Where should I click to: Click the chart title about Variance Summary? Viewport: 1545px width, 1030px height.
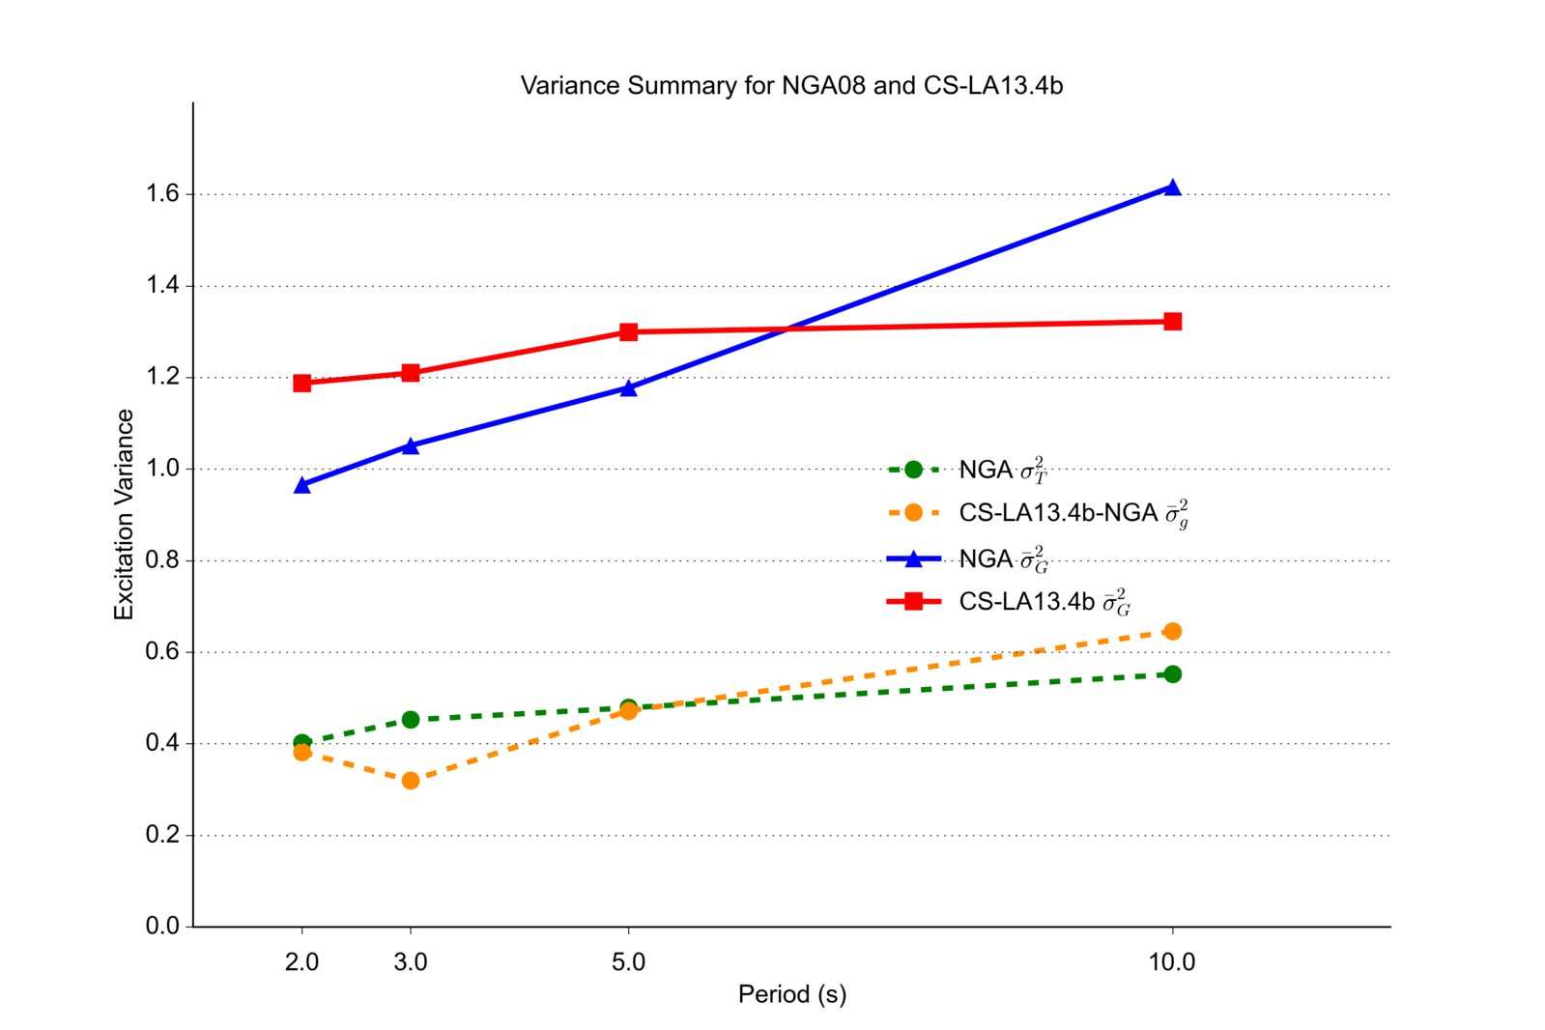791,86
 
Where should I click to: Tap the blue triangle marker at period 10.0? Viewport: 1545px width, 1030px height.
1172,187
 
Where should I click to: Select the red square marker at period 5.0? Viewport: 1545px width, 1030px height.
628,332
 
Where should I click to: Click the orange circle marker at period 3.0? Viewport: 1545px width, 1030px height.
411,781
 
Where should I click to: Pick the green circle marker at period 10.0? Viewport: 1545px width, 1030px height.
1172,674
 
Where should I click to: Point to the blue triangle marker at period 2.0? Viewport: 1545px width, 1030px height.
302,485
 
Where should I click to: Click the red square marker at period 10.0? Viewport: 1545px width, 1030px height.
1172,322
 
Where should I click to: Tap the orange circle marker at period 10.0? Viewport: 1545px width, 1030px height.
1172,632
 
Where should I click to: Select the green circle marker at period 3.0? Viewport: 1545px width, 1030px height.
411,720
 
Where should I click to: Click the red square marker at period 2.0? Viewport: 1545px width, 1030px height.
302,384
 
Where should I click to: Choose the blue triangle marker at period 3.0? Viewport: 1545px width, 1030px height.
411,446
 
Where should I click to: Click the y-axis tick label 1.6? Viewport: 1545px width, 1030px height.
163,194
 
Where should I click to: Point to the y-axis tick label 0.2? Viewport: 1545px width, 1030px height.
163,835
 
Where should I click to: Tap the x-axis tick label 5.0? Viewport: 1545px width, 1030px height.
628,962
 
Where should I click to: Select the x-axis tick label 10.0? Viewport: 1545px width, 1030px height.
1172,962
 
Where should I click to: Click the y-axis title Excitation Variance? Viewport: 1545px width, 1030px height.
125,514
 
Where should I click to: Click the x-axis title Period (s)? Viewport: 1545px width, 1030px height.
791,994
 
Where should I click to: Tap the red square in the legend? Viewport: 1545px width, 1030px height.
913,602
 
